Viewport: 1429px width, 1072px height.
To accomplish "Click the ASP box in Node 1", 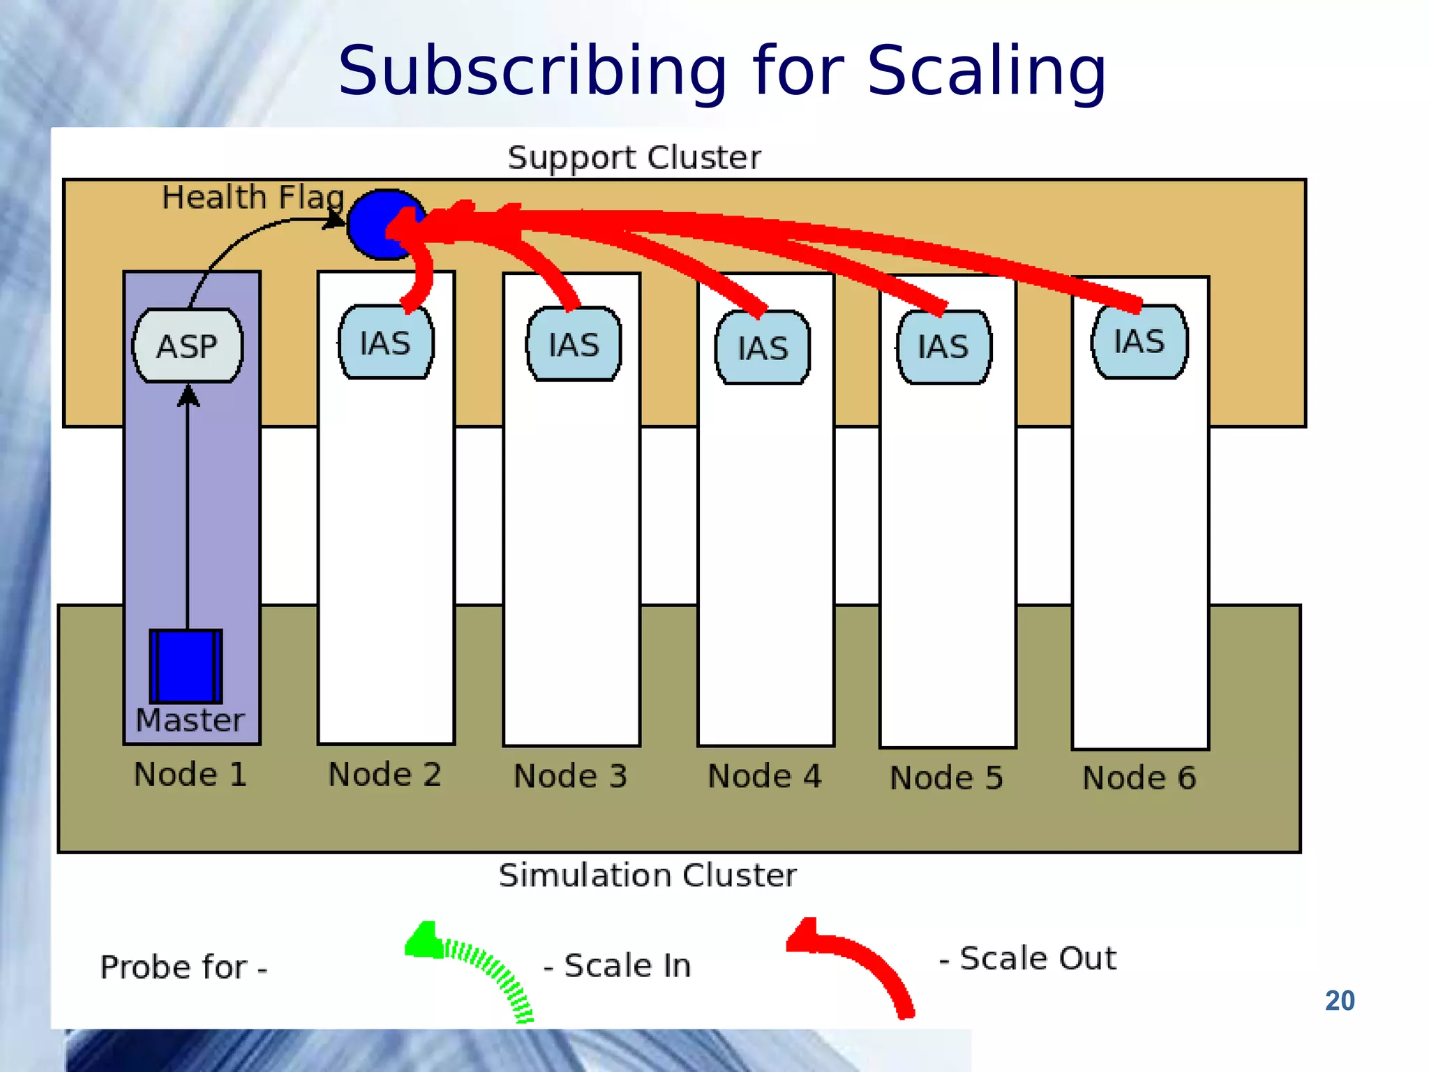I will point(187,345).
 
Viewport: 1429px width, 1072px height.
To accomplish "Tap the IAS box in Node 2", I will point(385,343).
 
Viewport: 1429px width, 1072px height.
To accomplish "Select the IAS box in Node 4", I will point(763,348).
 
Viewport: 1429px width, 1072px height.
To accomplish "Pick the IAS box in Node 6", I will point(1139,341).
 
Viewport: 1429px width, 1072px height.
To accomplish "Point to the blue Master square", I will point(186,666).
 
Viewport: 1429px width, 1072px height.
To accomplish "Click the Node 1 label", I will point(190,775).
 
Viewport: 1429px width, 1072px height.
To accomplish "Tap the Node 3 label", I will point(570,776).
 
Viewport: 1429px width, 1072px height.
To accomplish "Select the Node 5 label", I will point(946,777).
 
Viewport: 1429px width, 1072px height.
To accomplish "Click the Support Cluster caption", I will point(634,158).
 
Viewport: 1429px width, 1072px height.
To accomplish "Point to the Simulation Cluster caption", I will point(647,875).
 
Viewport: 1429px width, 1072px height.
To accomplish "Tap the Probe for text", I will point(183,967).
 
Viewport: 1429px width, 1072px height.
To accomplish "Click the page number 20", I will point(1339,1000).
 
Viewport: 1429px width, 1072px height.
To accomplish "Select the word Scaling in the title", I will point(985,71).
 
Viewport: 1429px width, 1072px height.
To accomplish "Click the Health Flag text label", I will point(253,198).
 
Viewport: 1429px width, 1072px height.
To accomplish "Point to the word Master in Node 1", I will point(190,720).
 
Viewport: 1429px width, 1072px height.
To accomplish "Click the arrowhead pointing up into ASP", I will point(188,395).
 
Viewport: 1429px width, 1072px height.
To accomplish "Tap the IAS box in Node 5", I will point(943,347).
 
